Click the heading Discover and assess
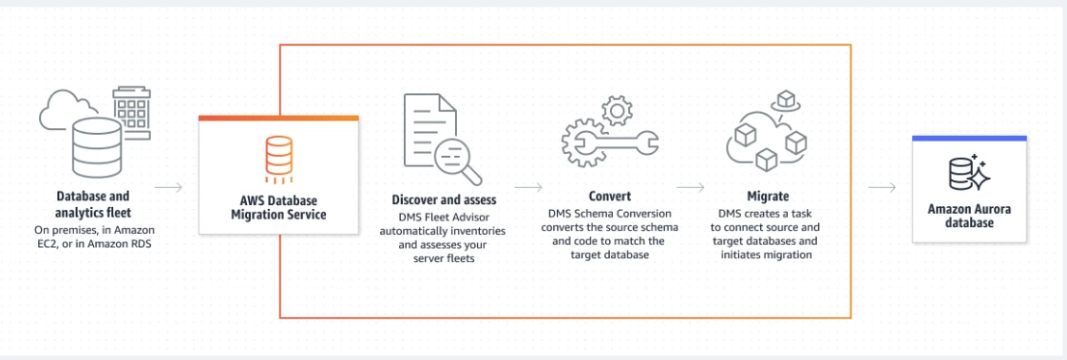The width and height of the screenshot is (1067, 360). click(x=444, y=200)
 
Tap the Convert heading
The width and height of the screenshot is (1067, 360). click(x=610, y=197)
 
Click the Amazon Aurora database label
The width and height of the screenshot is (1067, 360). click(x=969, y=216)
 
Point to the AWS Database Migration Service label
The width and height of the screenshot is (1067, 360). click(x=278, y=208)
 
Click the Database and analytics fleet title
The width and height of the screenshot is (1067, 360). click(x=92, y=203)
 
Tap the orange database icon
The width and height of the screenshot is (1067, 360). click(x=278, y=158)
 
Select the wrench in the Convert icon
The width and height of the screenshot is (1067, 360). click(x=610, y=142)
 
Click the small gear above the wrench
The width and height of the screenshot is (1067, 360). click(x=618, y=110)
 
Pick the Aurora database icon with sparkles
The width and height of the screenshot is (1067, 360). click(x=969, y=172)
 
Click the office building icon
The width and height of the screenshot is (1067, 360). click(x=131, y=113)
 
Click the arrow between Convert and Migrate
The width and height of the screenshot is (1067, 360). click(x=691, y=187)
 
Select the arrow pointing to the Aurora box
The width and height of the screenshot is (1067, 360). click(x=883, y=187)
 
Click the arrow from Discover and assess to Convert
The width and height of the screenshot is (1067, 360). click(x=528, y=187)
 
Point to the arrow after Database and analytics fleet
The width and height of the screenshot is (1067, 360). click(x=169, y=187)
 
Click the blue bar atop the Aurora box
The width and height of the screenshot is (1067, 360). click(x=969, y=138)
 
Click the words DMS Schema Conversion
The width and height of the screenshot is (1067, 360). click(x=609, y=213)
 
